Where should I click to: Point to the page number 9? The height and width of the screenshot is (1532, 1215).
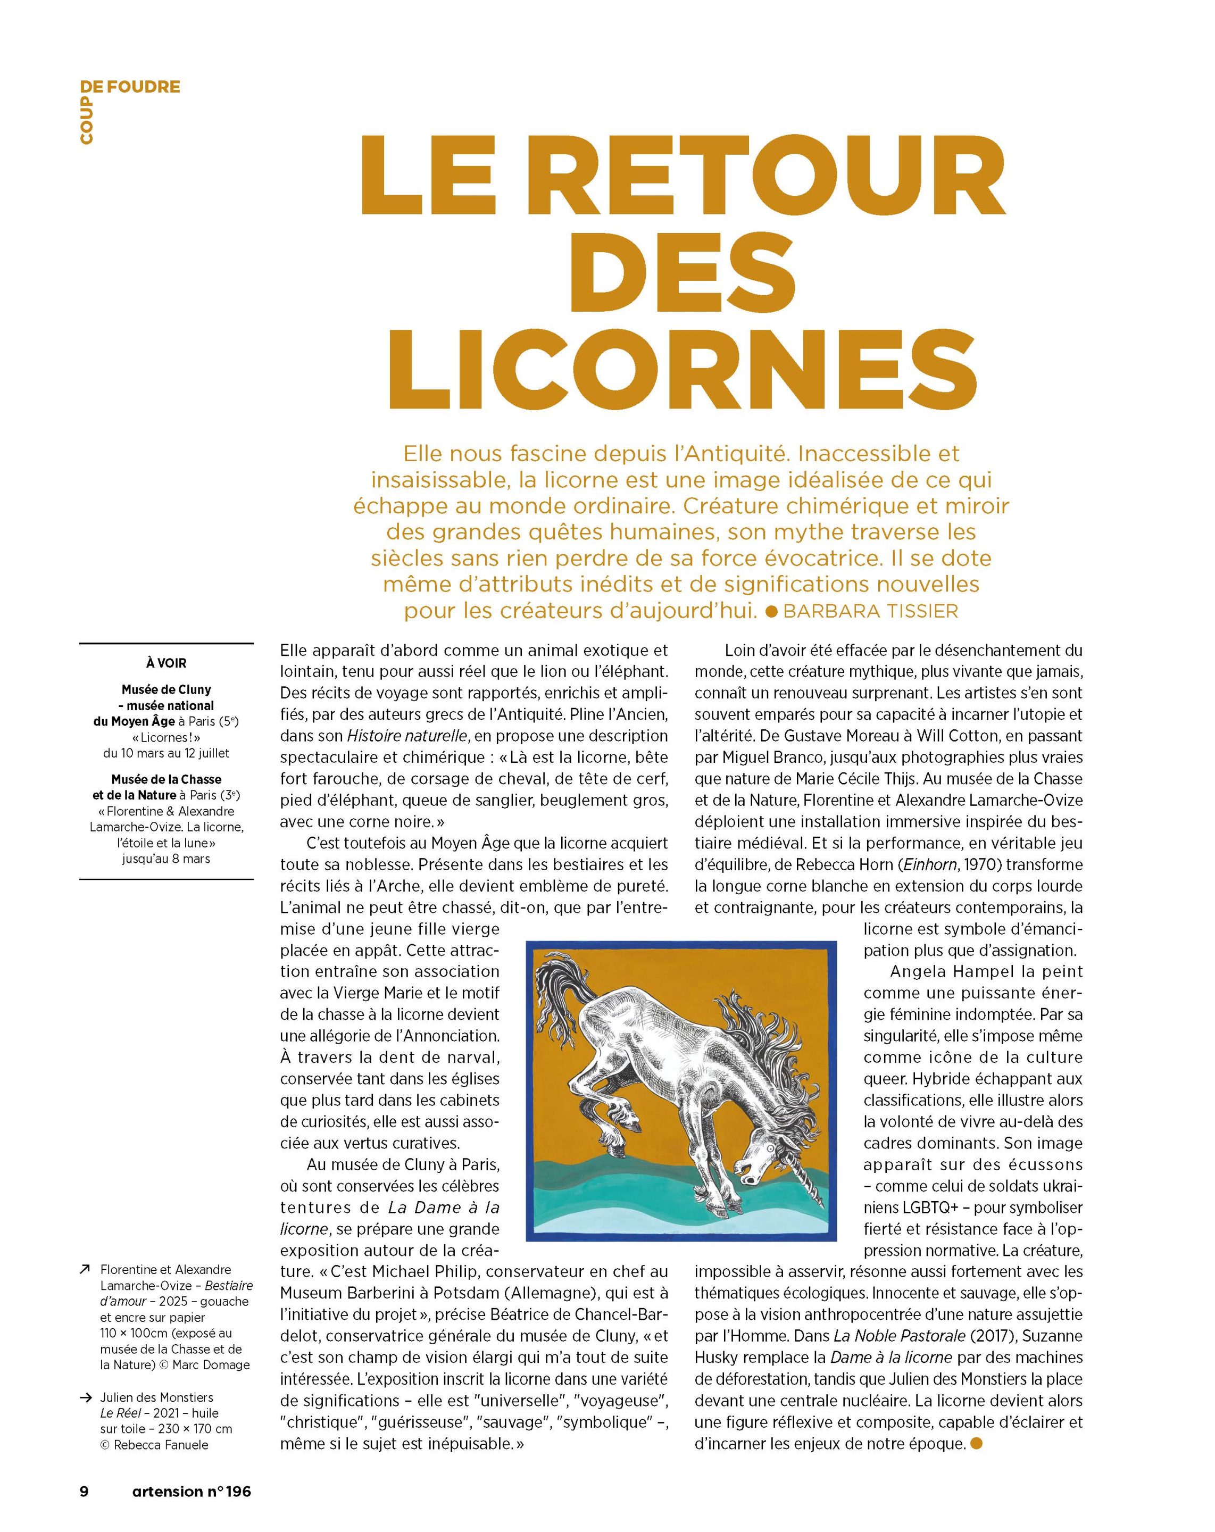(x=84, y=1491)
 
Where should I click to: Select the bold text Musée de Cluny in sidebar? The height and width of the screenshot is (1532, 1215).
(x=167, y=689)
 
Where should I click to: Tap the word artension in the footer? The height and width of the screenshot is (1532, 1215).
(x=167, y=1491)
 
